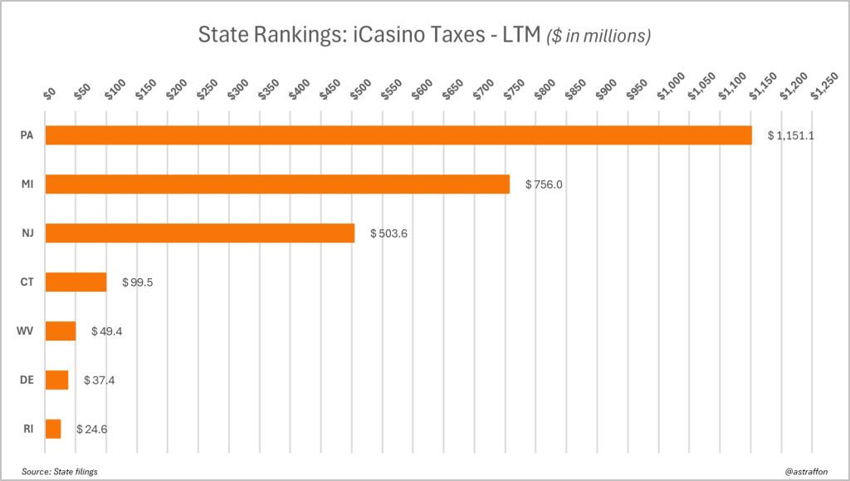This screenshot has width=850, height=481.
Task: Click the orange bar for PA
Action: pyautogui.click(x=398, y=135)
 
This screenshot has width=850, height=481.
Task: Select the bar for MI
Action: pyautogui.click(x=277, y=184)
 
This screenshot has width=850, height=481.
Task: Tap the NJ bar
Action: pyautogui.click(x=199, y=233)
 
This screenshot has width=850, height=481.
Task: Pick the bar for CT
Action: pyautogui.click(x=76, y=282)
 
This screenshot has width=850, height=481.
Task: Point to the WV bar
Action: pyautogui.click(x=60, y=331)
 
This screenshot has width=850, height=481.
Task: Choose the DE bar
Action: pyautogui.click(x=56, y=380)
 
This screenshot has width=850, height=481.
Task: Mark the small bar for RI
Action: pyautogui.click(x=52, y=429)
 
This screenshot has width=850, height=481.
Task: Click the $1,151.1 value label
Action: pyautogui.click(x=791, y=135)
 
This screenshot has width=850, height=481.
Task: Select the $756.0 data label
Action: pyautogui.click(x=544, y=184)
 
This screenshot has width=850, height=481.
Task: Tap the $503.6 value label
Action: pyautogui.click(x=388, y=233)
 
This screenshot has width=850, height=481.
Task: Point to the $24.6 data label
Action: pyautogui.click(x=92, y=429)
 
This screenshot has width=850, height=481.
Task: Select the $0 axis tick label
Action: pyautogui.click(x=49, y=93)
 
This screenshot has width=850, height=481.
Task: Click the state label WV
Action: pyautogui.click(x=25, y=331)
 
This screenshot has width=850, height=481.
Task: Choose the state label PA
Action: pyautogui.click(x=27, y=135)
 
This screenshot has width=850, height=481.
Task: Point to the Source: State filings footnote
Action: pyautogui.click(x=60, y=472)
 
